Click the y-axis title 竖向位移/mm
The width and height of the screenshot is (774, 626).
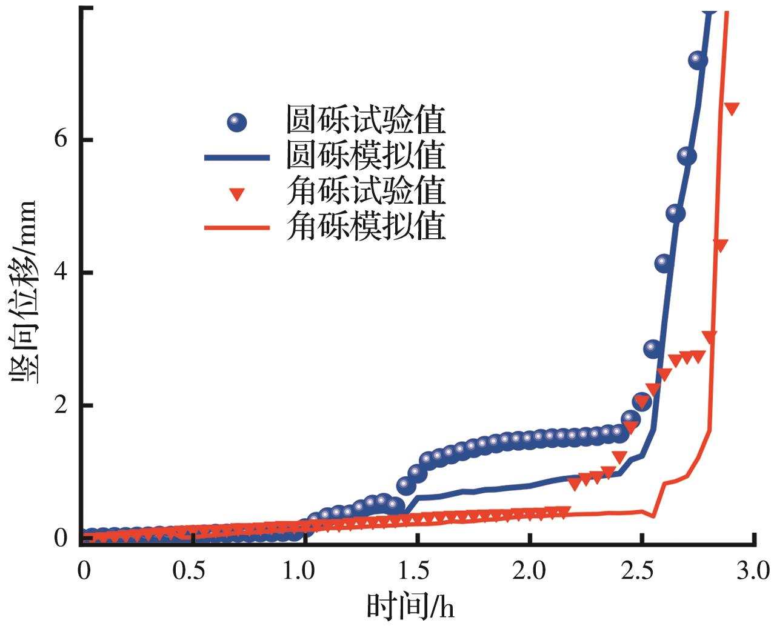pyautogui.click(x=24, y=291)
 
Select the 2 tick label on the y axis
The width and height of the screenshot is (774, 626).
pyautogui.click(x=61, y=406)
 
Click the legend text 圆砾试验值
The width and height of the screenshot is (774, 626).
pyautogui.click(x=366, y=121)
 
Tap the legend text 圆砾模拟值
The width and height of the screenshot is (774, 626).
pyautogui.click(x=366, y=156)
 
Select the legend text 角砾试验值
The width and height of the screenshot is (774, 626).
pyautogui.click(x=366, y=191)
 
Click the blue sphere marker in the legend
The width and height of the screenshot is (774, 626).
pyautogui.click(x=237, y=122)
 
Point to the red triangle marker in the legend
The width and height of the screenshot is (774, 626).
pyautogui.click(x=237, y=195)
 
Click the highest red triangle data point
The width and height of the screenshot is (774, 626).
pyautogui.click(x=732, y=108)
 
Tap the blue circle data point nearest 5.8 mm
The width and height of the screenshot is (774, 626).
pyautogui.click(x=686, y=156)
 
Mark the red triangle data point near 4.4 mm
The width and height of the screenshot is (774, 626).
pyautogui.click(x=720, y=245)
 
